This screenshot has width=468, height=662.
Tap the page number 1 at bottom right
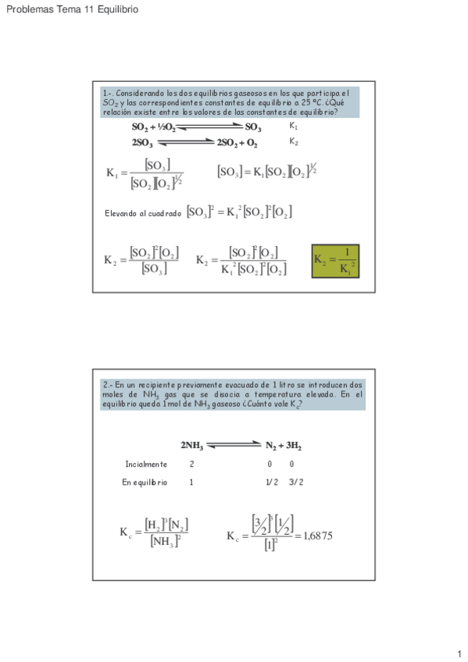(459, 653)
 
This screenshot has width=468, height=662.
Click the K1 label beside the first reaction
(293, 126)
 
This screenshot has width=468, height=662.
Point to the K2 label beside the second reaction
(293, 142)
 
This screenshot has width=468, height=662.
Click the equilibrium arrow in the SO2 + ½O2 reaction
(210, 127)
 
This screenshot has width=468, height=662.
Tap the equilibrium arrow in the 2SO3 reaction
(185, 143)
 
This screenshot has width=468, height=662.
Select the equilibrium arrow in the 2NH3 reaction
(234, 446)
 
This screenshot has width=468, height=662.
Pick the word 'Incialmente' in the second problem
(146, 464)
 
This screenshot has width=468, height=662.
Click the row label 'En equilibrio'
(145, 482)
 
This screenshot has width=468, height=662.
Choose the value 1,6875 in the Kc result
(316, 536)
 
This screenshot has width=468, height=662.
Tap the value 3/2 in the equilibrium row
(295, 482)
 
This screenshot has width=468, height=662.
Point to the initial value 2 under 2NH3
(191, 464)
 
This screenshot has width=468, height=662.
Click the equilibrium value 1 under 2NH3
(191, 482)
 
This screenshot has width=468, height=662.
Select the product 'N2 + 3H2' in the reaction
(283, 446)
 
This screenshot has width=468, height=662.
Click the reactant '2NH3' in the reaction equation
(192, 446)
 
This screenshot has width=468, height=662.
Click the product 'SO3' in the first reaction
(253, 127)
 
